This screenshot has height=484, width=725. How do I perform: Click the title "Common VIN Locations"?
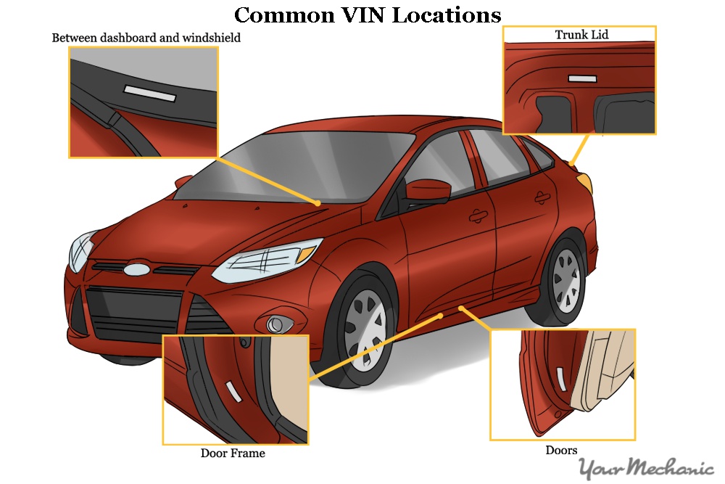[x=368, y=15]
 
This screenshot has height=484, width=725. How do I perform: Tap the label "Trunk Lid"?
[x=581, y=35]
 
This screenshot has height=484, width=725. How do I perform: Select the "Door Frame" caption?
[x=233, y=454]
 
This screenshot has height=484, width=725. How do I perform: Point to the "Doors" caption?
[x=561, y=451]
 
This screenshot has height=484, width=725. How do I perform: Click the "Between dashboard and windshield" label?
[x=146, y=38]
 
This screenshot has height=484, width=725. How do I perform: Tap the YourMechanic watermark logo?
[x=646, y=468]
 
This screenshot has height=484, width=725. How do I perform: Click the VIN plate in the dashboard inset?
[x=149, y=94]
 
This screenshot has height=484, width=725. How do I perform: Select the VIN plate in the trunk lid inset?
[x=582, y=78]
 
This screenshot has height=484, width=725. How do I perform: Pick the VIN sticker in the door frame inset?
[x=233, y=392]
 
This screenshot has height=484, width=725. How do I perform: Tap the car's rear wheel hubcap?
[x=568, y=279]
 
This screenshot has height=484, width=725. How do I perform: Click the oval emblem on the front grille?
[x=136, y=269]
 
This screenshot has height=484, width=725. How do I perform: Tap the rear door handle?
[x=540, y=196]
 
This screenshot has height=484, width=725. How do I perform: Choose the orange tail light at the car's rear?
[x=584, y=181]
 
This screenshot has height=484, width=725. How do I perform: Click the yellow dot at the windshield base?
[x=318, y=203]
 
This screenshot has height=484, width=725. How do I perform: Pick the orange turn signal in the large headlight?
[x=307, y=254]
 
